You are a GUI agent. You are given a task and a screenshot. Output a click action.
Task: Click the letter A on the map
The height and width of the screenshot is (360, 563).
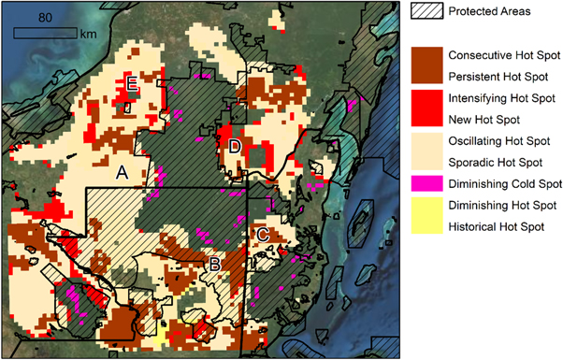tap(122, 173)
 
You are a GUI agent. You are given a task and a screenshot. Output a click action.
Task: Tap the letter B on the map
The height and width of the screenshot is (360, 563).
tap(214, 266)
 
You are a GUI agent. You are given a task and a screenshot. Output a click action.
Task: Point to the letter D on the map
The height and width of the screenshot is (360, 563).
tap(234, 147)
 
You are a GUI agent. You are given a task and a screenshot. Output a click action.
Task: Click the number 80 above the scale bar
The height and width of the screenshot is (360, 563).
tap(45, 18)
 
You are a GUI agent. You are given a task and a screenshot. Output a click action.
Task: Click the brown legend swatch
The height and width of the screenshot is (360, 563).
tap(426, 65)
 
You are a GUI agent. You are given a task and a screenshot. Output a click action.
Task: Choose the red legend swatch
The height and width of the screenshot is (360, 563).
tap(426, 108)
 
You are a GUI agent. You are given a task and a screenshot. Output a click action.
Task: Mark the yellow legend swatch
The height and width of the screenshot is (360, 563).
tap(426, 217)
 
